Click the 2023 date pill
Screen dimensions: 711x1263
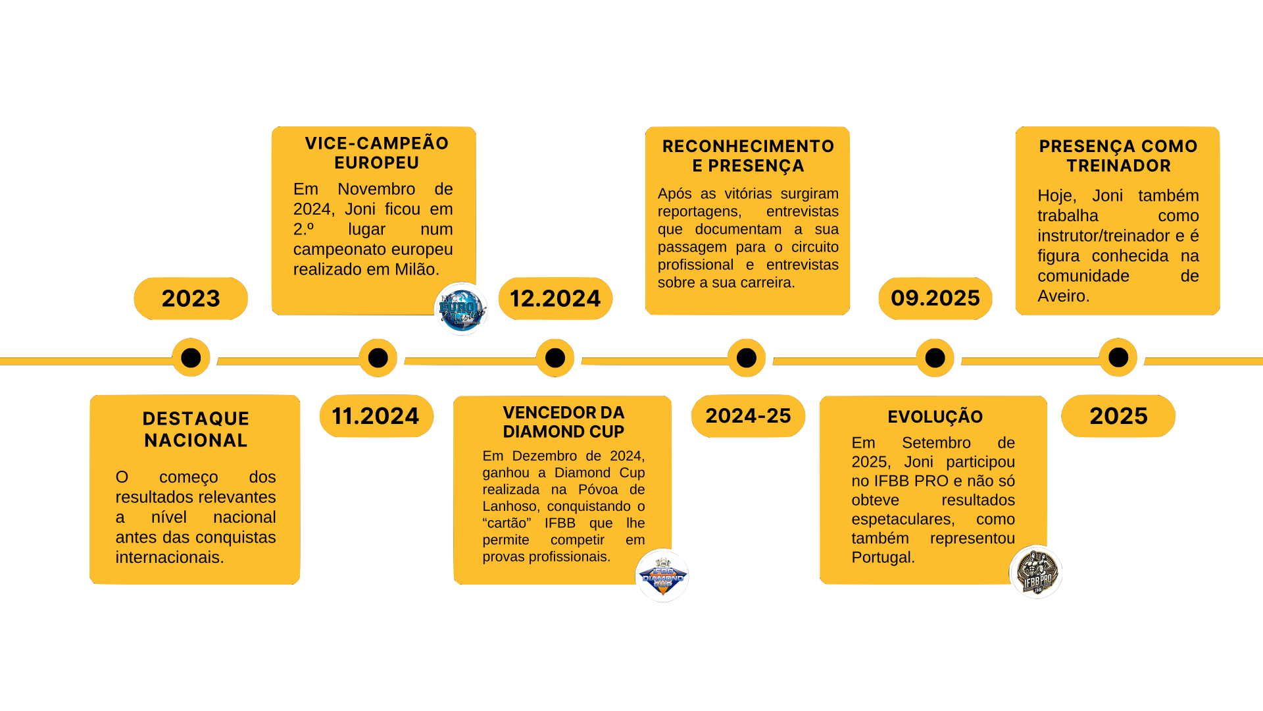coord(191,298)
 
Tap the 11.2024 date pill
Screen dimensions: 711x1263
coord(376,416)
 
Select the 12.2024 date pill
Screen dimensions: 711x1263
coord(555,298)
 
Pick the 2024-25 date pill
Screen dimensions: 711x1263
coord(748,416)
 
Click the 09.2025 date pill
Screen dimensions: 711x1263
coord(935,298)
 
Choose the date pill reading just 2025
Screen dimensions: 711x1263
coord(1118,416)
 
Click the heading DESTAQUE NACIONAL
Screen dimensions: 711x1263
coord(195,429)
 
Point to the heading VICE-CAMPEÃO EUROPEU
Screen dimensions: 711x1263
coord(376,153)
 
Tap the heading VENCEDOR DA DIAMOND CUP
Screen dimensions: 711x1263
coord(563,422)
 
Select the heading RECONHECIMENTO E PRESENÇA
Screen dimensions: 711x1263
coord(748,156)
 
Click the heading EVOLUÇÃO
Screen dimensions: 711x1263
coord(935,417)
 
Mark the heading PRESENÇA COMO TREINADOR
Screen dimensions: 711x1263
coord(1118,156)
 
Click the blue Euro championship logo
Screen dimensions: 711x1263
coord(462,309)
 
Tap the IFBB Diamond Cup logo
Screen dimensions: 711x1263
coord(662,576)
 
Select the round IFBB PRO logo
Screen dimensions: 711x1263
coord(1036,573)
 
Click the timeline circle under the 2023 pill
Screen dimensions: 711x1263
coord(191,358)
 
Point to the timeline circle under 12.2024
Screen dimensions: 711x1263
coord(555,358)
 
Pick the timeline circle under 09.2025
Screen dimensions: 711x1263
coord(935,358)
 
